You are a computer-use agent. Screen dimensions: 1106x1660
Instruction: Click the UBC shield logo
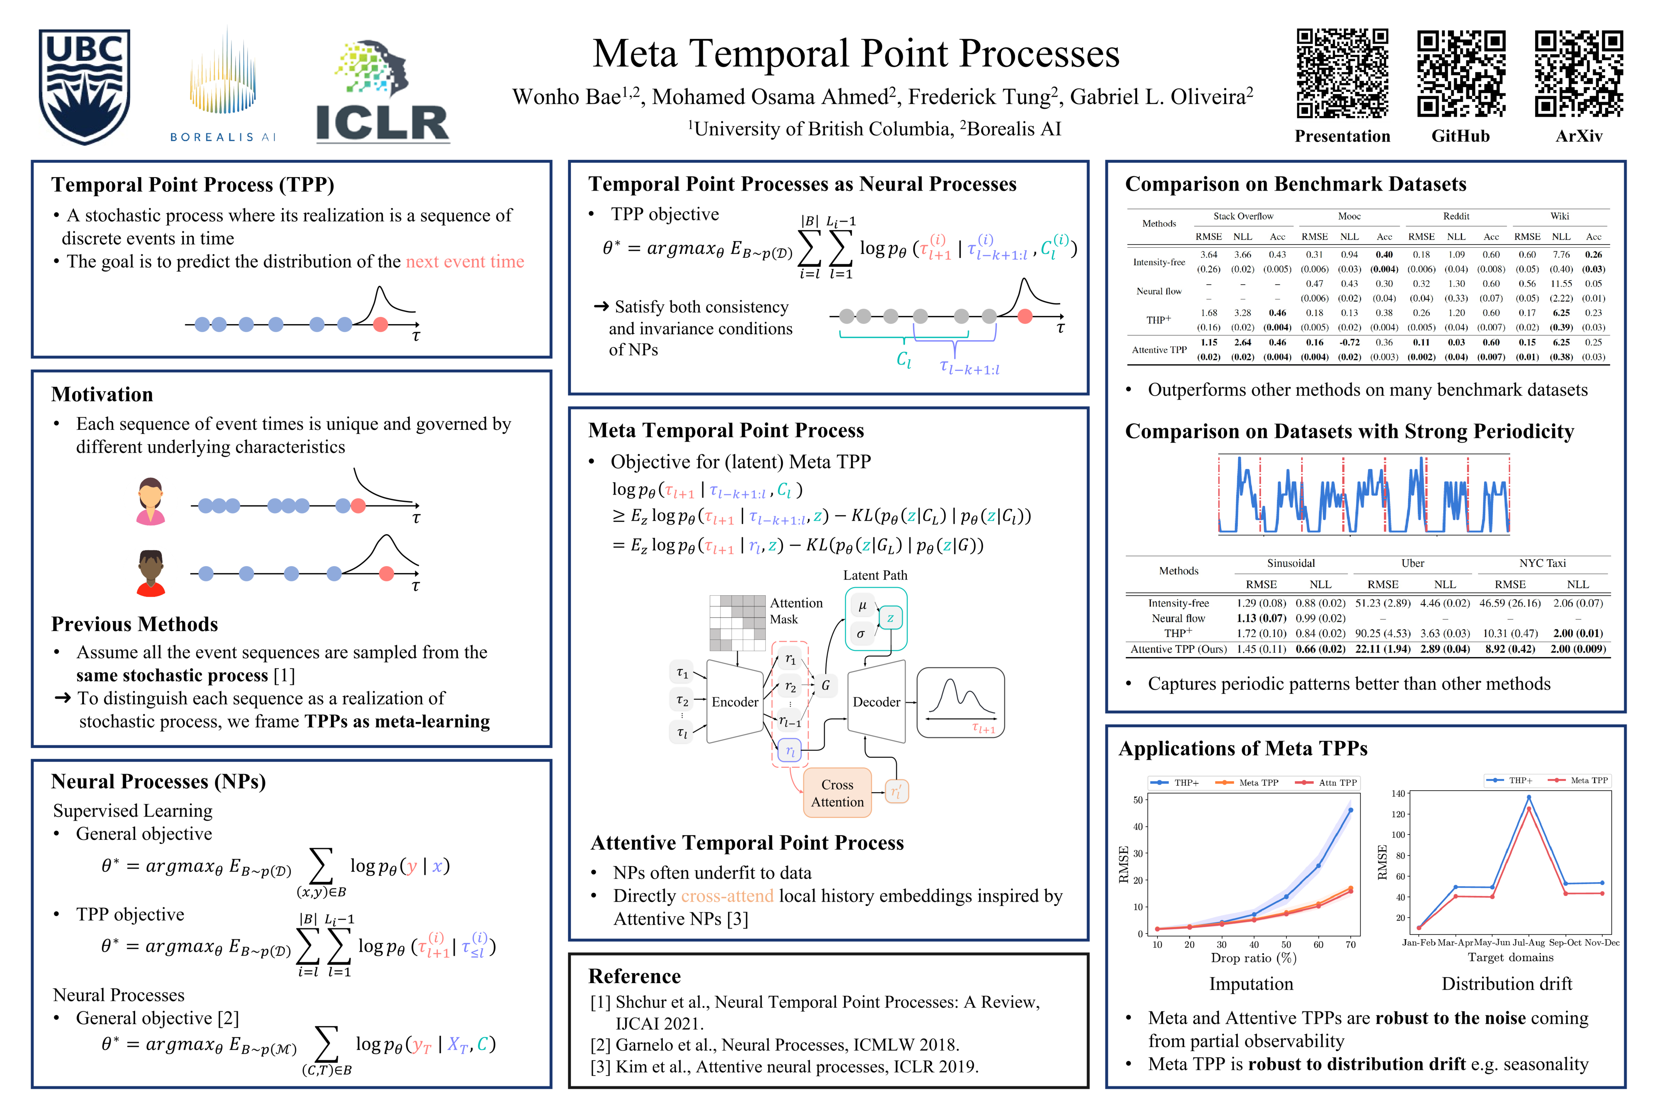pos(84,86)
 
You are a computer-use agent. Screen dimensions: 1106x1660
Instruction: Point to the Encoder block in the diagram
pos(735,702)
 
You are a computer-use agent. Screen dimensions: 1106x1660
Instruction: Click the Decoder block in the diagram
pos(876,702)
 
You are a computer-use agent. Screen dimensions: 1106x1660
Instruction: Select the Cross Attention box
pos(837,793)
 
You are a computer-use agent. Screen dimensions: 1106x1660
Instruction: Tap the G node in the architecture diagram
pos(825,685)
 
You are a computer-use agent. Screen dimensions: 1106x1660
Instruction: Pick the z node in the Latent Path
pos(890,618)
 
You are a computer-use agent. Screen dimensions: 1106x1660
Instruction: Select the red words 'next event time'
pos(465,262)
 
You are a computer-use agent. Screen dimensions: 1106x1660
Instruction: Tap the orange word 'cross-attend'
pos(727,896)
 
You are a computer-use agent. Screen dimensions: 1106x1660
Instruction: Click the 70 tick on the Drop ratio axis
pos(1350,944)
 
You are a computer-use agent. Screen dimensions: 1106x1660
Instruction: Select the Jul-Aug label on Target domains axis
pos(1529,942)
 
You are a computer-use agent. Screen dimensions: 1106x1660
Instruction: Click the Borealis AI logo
pos(222,84)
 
